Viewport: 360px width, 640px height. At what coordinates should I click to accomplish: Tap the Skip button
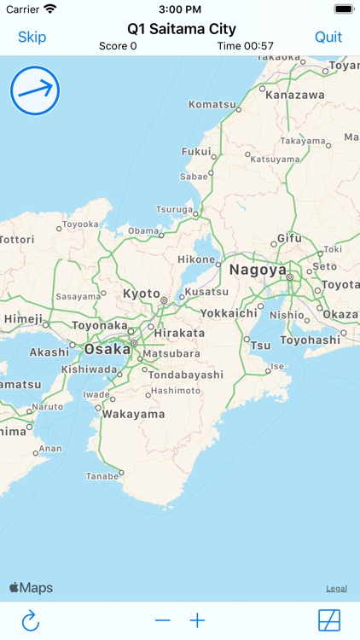[x=32, y=37]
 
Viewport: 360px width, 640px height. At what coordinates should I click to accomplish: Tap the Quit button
[x=328, y=37]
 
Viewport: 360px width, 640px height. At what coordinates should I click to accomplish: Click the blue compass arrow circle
[x=35, y=91]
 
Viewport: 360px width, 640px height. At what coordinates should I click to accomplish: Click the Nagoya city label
[x=258, y=271]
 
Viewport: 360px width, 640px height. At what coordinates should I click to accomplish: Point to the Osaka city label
[x=107, y=348]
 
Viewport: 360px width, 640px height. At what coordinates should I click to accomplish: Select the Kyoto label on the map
[x=142, y=294]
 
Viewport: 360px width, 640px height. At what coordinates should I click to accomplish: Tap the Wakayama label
[x=133, y=414]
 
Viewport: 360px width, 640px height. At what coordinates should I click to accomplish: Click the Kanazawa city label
[x=295, y=95]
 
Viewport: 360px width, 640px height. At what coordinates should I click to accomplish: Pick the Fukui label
[x=196, y=151]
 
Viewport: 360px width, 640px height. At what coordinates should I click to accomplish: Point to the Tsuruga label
[x=174, y=209]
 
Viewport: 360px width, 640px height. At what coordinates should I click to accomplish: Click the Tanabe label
[x=102, y=475]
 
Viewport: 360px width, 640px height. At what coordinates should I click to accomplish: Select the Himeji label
[x=23, y=318]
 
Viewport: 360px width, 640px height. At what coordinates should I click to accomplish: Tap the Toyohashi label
[x=311, y=339]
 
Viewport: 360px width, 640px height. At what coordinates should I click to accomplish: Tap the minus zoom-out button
[x=163, y=620]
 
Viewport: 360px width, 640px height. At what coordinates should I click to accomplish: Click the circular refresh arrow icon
[x=31, y=620]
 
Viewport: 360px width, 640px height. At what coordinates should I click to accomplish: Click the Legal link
[x=336, y=589]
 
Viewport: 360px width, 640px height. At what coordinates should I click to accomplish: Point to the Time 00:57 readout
[x=246, y=46]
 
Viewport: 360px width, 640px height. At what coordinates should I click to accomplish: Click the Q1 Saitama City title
[x=182, y=29]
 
